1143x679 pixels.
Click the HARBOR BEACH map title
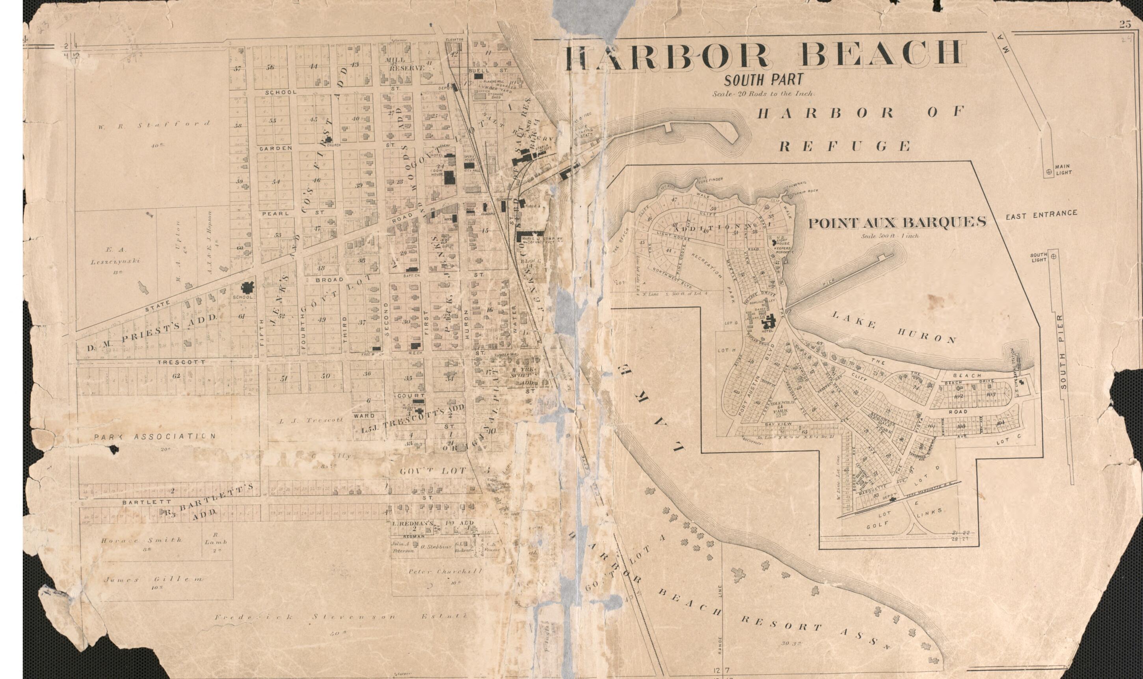click(765, 56)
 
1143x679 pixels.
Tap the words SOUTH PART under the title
click(763, 80)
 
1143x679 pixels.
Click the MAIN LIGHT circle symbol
click(1048, 173)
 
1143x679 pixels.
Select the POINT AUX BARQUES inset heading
click(897, 223)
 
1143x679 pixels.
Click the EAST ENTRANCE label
click(1041, 213)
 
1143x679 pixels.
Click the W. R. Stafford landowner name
click(154, 124)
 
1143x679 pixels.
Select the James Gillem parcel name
click(153, 579)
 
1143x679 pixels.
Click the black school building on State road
click(248, 288)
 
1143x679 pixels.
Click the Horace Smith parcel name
click(142, 540)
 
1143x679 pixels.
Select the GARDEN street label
click(276, 149)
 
